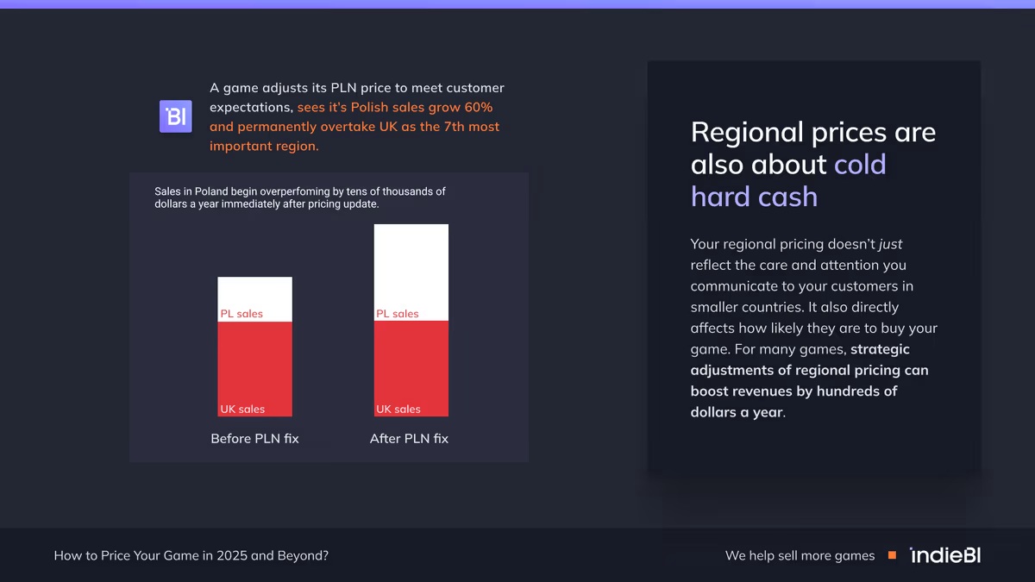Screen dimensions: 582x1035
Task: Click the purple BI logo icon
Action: [x=175, y=116]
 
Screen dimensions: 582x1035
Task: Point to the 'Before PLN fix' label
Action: [x=254, y=438]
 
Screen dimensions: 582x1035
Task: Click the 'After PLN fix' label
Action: [x=409, y=438]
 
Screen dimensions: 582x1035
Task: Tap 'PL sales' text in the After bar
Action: [x=398, y=314]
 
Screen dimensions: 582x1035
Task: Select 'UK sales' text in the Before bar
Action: [x=242, y=409]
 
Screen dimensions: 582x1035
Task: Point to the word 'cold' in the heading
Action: [x=860, y=164]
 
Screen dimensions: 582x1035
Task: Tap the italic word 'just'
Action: [x=890, y=244]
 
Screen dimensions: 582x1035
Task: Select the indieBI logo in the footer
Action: [x=945, y=555]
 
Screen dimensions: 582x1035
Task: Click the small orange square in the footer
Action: [x=892, y=555]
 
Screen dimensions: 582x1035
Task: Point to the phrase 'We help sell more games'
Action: [x=800, y=555]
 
